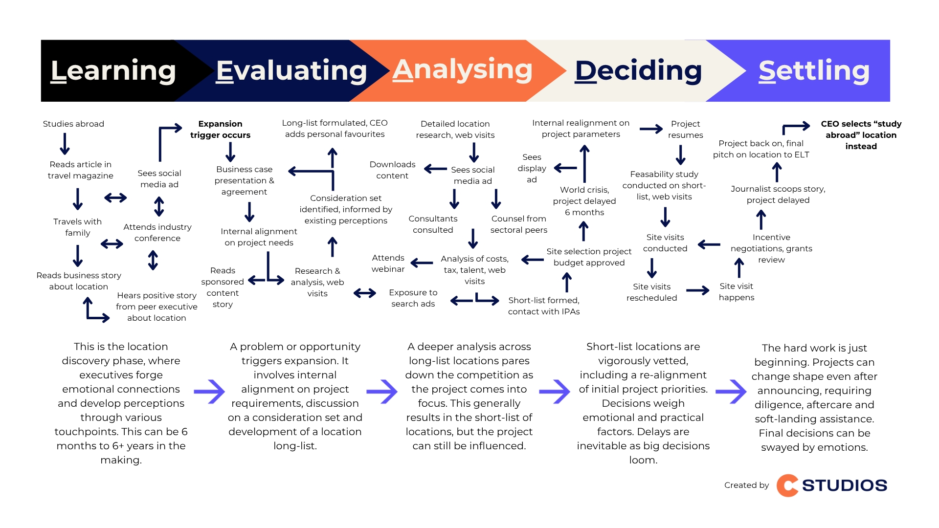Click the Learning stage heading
(113, 71)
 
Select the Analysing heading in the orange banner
(462, 70)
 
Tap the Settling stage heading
(814, 71)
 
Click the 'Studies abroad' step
(73, 124)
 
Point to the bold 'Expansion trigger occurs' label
(220, 130)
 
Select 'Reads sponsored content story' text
(223, 287)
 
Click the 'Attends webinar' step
(388, 264)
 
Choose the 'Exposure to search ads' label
(413, 298)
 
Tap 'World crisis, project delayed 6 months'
(584, 201)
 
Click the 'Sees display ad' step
(532, 168)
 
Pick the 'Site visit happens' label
(736, 292)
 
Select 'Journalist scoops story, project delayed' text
(778, 195)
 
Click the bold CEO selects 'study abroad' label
(861, 135)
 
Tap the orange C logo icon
(787, 485)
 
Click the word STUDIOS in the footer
(844, 485)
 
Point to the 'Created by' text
(746, 485)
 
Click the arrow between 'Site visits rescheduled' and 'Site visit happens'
(697, 291)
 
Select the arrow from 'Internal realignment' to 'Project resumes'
(651, 129)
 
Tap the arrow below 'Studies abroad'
(65, 144)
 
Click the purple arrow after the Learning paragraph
(209, 392)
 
